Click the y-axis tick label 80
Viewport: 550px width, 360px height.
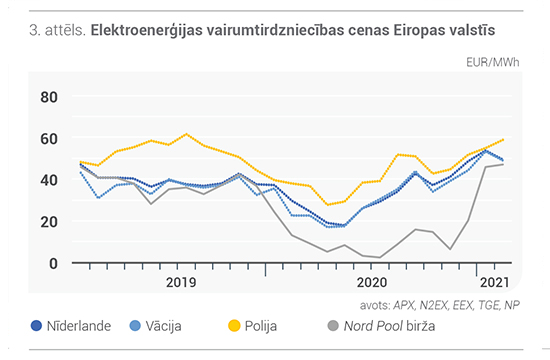click(49, 97)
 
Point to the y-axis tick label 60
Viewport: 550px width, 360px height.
click(49, 139)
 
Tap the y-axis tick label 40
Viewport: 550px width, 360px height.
click(49, 180)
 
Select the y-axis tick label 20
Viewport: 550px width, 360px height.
click(49, 222)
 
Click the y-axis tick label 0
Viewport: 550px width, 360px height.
click(53, 264)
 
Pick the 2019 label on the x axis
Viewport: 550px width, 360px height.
click(181, 282)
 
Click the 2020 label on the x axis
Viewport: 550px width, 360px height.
click(372, 282)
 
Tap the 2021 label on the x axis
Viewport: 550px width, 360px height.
click(495, 282)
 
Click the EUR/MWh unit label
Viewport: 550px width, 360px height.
click(492, 62)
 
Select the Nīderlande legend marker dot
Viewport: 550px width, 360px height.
click(36, 326)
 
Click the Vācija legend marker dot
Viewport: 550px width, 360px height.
click(135, 326)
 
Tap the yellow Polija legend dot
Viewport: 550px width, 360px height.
click(234, 326)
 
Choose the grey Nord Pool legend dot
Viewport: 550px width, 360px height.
click(333, 326)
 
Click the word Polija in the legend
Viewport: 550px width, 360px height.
click(261, 326)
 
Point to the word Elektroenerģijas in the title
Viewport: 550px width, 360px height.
click(147, 31)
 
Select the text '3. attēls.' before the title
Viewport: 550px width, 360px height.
click(58, 31)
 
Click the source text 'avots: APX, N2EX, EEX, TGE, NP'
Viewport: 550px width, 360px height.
click(440, 306)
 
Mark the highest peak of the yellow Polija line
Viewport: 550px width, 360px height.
click(186, 134)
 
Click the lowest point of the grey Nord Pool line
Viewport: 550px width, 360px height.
click(380, 257)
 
